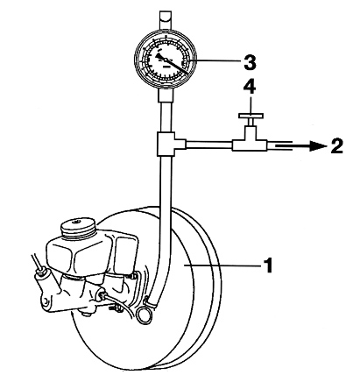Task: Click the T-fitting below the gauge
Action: click(x=164, y=142)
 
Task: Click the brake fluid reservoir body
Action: click(x=74, y=254)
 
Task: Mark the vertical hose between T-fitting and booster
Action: click(x=159, y=219)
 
